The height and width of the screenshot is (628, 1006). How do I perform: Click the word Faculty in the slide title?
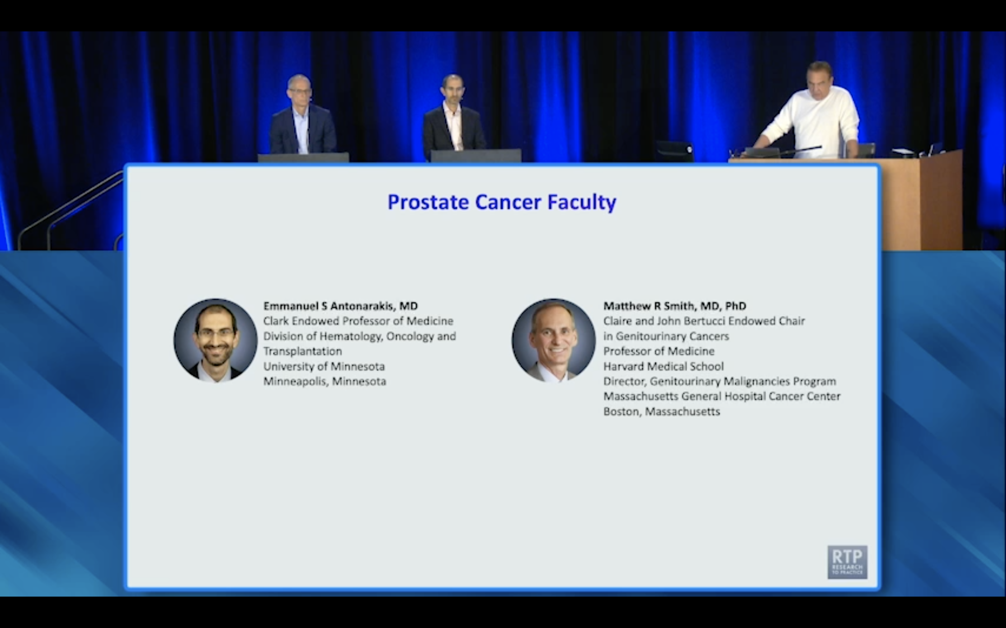(x=582, y=202)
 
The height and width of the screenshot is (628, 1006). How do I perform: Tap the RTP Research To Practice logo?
(x=847, y=562)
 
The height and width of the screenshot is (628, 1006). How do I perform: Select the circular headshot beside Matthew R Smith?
(x=553, y=340)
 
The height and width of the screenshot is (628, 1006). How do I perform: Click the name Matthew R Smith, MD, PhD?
(x=674, y=306)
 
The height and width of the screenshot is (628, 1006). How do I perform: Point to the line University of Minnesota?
(x=324, y=366)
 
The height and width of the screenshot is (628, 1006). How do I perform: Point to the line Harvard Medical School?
(x=663, y=366)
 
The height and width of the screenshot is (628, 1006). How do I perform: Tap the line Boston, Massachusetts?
(x=661, y=412)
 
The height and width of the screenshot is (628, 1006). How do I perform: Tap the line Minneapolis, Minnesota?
(x=325, y=381)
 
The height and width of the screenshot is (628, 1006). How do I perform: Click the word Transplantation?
(x=302, y=351)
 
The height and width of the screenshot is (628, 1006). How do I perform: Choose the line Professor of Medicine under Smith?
(x=658, y=351)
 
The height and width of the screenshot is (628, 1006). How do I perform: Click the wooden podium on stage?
(x=914, y=199)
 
